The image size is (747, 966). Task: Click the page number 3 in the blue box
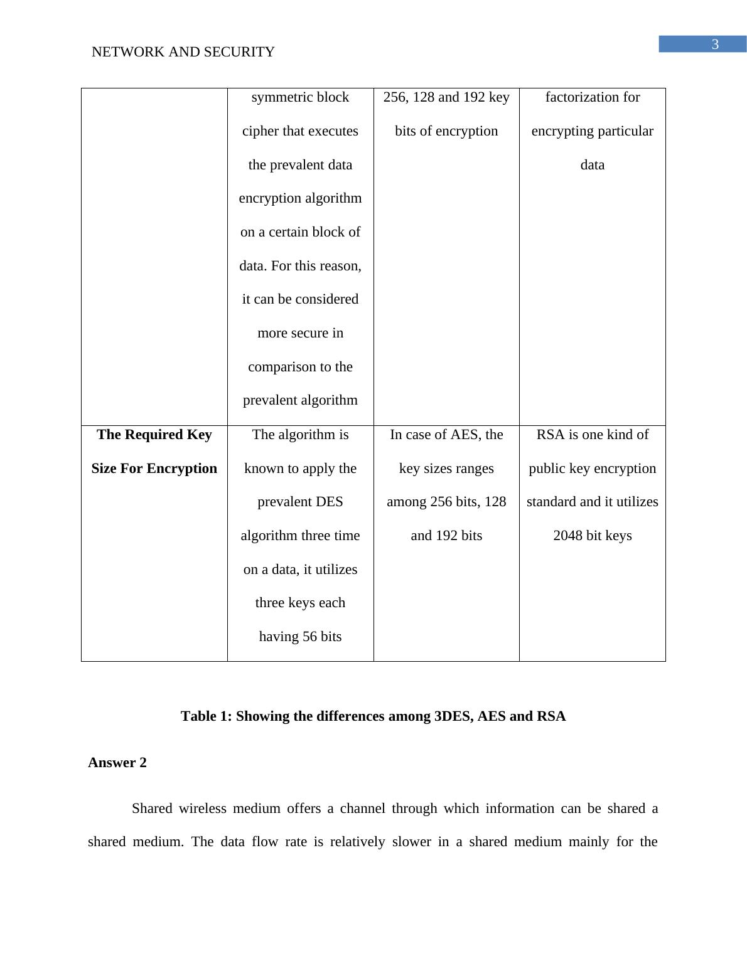point(714,45)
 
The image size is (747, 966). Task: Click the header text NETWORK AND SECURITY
point(183,52)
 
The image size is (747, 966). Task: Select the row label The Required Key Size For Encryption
point(154,452)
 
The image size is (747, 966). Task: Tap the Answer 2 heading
point(117,763)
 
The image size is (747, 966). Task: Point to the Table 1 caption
point(373,716)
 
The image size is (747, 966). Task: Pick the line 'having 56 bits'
point(300,637)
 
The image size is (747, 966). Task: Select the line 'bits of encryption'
point(446,131)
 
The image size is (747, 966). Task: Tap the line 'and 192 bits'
point(446,536)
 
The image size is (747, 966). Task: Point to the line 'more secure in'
point(300,333)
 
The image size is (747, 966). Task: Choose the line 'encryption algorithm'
point(300,198)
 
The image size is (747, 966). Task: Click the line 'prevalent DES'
point(300,502)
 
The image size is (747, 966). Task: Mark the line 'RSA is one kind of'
point(592,435)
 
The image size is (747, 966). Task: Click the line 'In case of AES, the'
point(446,435)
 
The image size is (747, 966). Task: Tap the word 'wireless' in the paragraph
point(202,809)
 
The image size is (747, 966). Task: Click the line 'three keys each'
point(300,603)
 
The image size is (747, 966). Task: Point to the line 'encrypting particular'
point(592,131)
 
